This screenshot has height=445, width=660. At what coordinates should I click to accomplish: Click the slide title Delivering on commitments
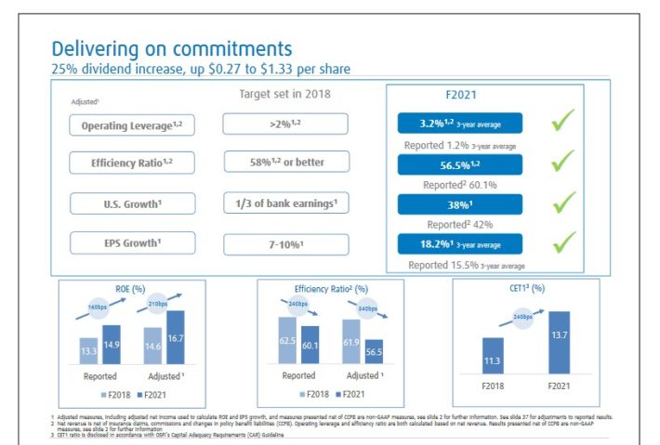[171, 47]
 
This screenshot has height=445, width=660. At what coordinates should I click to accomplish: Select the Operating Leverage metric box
[132, 124]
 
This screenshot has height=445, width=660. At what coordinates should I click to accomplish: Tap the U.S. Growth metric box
[132, 203]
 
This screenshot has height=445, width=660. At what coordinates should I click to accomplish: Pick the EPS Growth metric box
[132, 242]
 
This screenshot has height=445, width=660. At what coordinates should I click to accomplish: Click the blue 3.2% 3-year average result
[459, 123]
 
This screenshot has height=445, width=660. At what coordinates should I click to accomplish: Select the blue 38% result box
[459, 203]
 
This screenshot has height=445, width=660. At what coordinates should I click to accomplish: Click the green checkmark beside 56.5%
[563, 161]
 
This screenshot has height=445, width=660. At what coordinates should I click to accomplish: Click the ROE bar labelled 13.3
[88, 350]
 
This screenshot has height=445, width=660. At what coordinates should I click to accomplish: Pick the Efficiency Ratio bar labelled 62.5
[287, 340]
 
